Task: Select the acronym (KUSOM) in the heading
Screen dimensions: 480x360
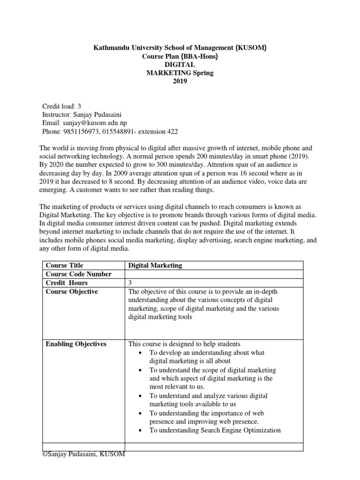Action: [254, 47]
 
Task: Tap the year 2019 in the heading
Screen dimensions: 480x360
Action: [180, 81]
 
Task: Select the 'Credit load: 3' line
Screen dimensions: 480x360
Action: [62, 106]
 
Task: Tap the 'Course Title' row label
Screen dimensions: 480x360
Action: [64, 265]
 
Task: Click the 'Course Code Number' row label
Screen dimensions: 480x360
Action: [78, 274]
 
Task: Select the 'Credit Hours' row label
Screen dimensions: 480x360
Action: [66, 283]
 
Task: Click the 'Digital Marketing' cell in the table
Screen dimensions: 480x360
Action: [155, 265]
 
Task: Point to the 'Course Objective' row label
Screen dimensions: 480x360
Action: [72, 292]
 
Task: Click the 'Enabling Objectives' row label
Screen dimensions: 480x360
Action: [76, 344]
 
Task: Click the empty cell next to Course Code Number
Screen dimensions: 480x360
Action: [214, 274]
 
